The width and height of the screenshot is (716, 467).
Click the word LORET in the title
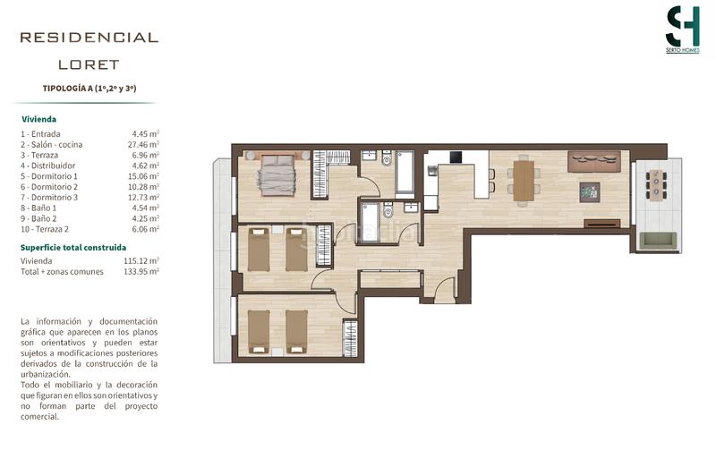tap(89, 64)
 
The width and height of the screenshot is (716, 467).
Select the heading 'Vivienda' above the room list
tap(39, 118)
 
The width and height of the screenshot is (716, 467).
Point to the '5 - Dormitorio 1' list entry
tap(49, 176)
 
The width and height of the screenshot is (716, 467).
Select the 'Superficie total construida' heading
tap(73, 246)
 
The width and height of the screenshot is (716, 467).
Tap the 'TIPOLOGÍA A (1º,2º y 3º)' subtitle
tap(89, 89)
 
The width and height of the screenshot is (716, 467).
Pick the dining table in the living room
tap(522, 176)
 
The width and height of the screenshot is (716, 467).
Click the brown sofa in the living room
tap(594, 160)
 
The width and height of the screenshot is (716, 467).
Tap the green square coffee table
tap(590, 191)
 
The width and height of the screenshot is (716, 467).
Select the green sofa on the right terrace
tap(661, 240)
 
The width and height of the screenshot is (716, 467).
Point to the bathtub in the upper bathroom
tap(403, 174)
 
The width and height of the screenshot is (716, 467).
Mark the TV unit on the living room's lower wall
tap(601, 222)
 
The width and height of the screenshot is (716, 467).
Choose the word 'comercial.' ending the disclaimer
tap(39, 416)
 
